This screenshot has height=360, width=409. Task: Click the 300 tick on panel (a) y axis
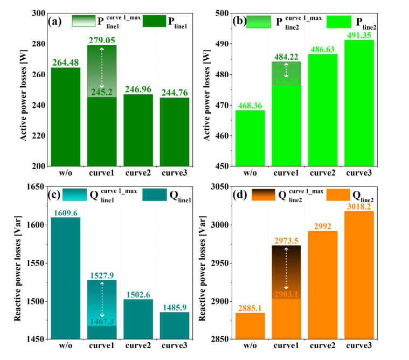click(x=39, y=13)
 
